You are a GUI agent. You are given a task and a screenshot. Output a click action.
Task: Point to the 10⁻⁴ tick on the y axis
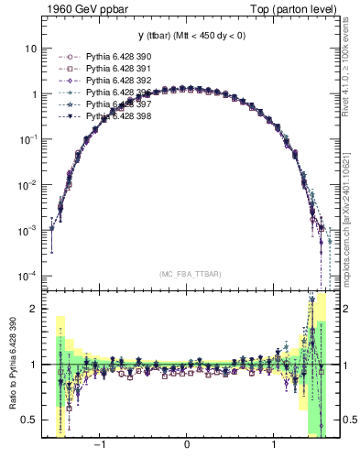pyautogui.click(x=28, y=276)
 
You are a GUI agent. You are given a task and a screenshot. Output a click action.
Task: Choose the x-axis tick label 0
pyautogui.click(x=187, y=446)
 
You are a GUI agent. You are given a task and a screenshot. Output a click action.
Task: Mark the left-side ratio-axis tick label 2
pyautogui.click(x=35, y=309)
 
